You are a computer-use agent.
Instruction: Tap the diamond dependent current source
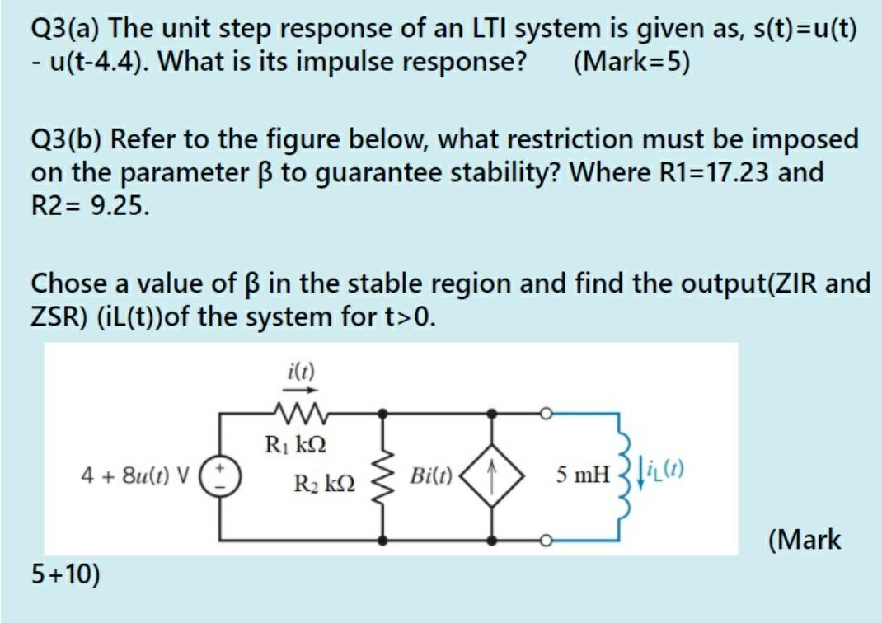494,475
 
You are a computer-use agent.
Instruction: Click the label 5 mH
582,475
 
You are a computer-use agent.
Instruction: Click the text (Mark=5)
630,62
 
